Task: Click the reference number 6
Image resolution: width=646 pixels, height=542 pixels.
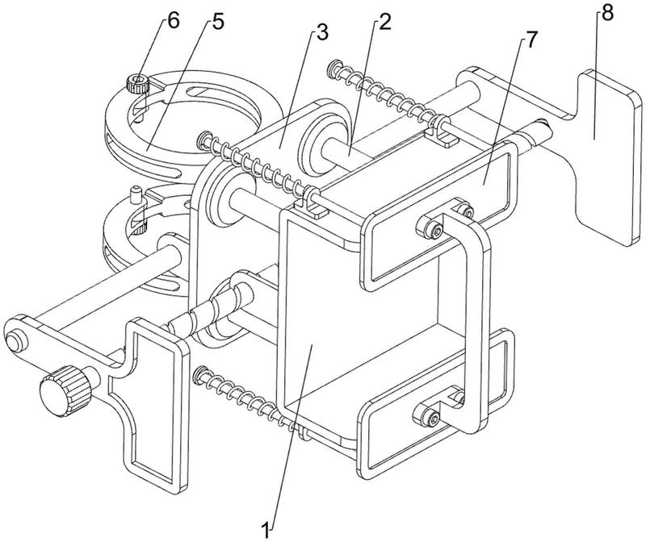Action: point(174,20)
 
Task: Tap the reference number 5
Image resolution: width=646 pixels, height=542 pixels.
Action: point(218,22)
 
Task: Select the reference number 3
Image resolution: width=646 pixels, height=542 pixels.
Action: point(321,31)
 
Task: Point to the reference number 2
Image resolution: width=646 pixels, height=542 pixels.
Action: point(384,22)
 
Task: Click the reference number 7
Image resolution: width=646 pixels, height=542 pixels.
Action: point(531,40)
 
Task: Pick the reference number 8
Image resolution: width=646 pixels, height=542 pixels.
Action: point(607,14)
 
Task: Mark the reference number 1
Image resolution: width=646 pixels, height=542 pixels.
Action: point(266,529)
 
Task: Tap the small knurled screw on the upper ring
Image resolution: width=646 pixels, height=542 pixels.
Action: point(137,84)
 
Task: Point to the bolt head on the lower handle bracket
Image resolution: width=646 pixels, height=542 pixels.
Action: point(429,415)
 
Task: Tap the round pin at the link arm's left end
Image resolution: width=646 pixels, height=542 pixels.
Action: point(15,342)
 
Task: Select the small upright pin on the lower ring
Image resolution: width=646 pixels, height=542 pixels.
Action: point(136,194)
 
